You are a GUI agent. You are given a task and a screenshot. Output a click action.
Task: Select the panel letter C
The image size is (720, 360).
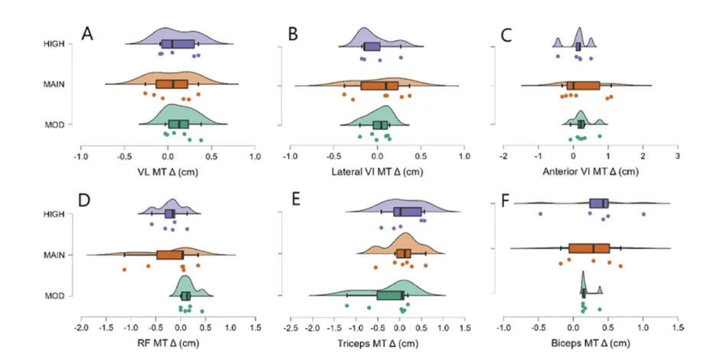coord(506,34)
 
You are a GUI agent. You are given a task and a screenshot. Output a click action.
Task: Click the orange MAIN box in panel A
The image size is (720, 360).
coord(172,84)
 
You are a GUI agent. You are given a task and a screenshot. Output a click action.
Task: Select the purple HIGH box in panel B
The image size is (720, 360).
coord(372,47)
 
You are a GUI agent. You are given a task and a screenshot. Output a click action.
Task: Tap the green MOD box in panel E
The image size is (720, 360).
coord(390,295)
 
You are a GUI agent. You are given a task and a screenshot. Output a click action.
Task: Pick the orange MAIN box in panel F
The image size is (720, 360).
coord(589,248)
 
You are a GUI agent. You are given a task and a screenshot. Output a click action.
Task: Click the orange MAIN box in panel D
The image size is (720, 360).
coord(170,254)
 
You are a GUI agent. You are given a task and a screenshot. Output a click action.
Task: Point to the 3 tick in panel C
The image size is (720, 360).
coord(677,156)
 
